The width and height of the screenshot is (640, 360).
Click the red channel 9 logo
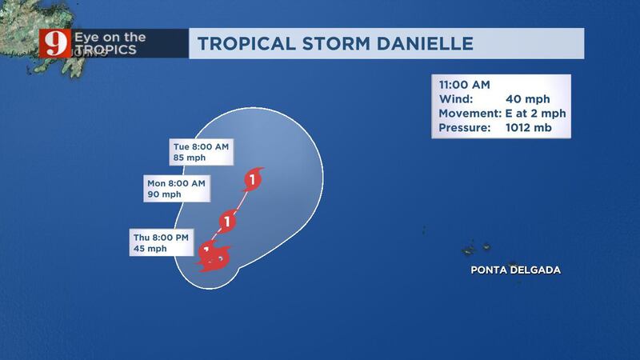(x=55, y=43)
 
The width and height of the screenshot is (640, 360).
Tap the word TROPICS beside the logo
(x=106, y=50)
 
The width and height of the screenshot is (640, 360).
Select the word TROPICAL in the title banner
(x=246, y=44)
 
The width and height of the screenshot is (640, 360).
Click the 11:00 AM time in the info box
(x=465, y=85)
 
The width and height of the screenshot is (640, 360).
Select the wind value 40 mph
(x=528, y=99)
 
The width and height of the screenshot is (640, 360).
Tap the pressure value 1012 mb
(x=529, y=128)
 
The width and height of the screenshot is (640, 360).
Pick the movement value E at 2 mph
(x=535, y=114)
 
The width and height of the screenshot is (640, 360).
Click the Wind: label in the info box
(x=456, y=99)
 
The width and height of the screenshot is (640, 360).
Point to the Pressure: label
(x=465, y=128)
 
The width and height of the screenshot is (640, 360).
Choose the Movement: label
(x=470, y=114)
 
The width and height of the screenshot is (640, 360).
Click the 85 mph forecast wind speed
(x=190, y=158)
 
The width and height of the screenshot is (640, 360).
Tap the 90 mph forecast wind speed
(x=164, y=194)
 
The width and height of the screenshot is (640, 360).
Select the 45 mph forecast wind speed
(x=150, y=249)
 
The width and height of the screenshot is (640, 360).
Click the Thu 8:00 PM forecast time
(x=161, y=238)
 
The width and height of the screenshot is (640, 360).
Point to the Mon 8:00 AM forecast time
(x=176, y=183)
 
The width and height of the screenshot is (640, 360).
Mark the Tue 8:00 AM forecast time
(x=201, y=146)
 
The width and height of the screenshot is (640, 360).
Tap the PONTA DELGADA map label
(x=515, y=270)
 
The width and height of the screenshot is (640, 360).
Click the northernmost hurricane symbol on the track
(x=253, y=179)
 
